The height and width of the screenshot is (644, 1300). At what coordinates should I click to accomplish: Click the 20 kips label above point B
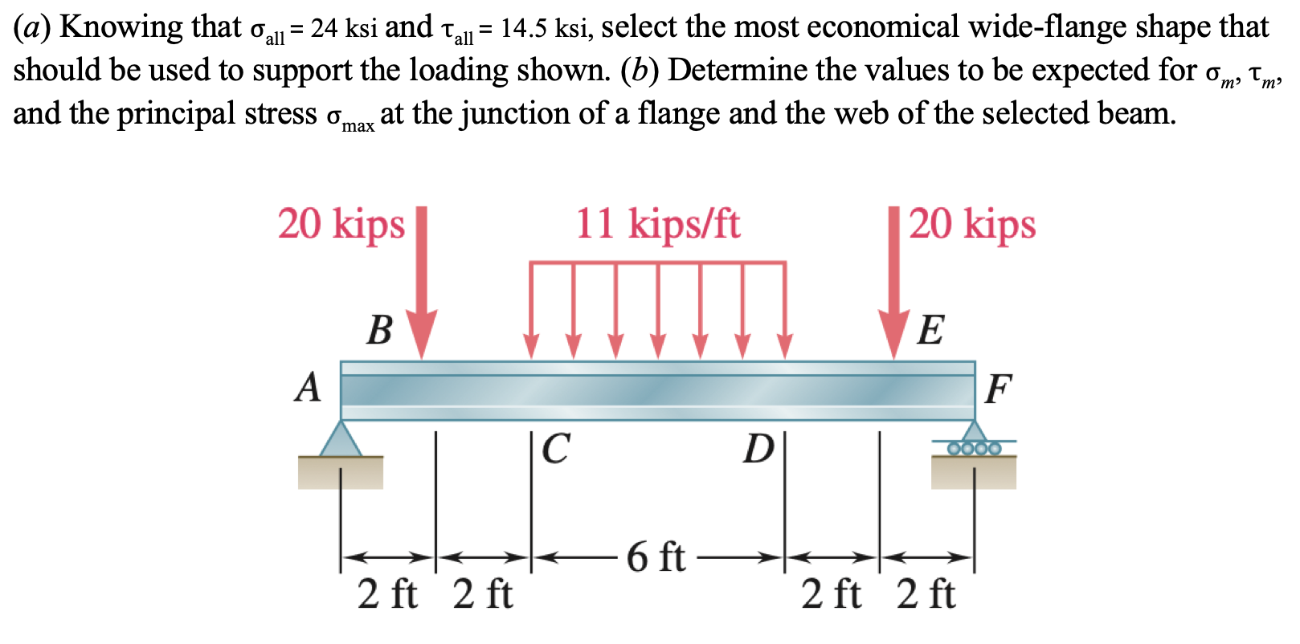[341, 224]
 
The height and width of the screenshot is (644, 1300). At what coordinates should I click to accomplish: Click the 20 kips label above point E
[972, 224]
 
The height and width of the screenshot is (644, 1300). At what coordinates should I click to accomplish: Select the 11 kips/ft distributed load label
[657, 224]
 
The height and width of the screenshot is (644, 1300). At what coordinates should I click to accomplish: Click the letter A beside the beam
[308, 388]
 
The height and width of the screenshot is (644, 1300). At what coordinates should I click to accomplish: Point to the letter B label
[379, 330]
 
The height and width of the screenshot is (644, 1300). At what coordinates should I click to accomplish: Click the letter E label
[930, 330]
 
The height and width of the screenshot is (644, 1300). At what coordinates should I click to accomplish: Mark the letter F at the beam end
[997, 390]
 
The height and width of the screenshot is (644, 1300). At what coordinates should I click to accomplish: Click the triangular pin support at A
[341, 440]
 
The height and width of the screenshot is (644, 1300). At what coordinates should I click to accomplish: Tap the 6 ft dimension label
[656, 556]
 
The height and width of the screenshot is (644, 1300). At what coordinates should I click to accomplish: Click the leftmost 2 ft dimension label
[387, 595]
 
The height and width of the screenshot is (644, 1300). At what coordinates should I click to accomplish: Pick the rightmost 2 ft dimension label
[926, 595]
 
